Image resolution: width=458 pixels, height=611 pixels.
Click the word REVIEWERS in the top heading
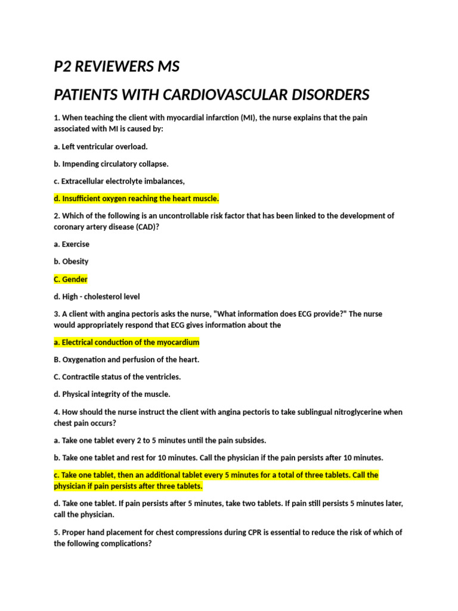click(x=113, y=67)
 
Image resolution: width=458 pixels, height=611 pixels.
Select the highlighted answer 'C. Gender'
click(x=71, y=279)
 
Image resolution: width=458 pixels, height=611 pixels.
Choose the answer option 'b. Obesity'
click(x=71, y=261)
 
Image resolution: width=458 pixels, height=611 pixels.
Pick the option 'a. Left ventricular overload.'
click(x=101, y=146)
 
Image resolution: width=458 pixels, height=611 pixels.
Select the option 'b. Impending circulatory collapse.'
click(x=112, y=163)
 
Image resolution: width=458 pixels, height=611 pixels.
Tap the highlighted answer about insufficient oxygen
click(x=137, y=199)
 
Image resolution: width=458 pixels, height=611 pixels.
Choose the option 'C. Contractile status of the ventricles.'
click(x=117, y=377)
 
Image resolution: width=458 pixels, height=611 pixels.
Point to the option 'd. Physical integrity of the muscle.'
click(x=112, y=394)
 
